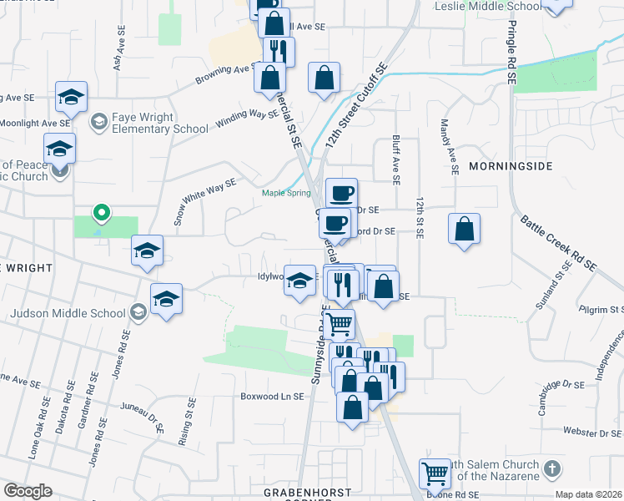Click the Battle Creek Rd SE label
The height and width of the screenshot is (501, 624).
(559, 243)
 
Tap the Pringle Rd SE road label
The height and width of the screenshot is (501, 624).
(511, 50)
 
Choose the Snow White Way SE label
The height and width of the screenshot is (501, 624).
(204, 201)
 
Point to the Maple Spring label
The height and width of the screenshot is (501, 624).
(286, 193)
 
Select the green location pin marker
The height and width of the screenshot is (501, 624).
(101, 215)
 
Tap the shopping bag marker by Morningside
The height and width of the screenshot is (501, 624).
(465, 229)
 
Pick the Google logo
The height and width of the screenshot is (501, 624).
(27, 490)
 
